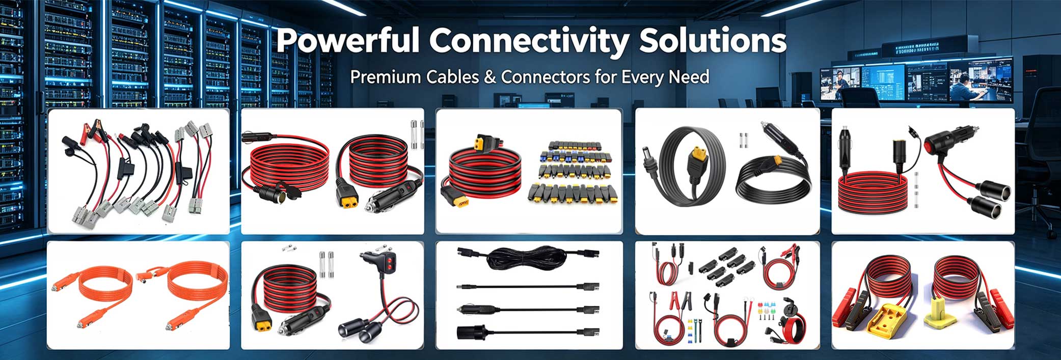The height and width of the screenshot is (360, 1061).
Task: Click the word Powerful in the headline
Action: click(x=347, y=40)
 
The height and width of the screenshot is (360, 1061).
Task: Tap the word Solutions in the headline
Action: click(x=713, y=40)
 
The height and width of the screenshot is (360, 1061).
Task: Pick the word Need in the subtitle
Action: click(x=689, y=76)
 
